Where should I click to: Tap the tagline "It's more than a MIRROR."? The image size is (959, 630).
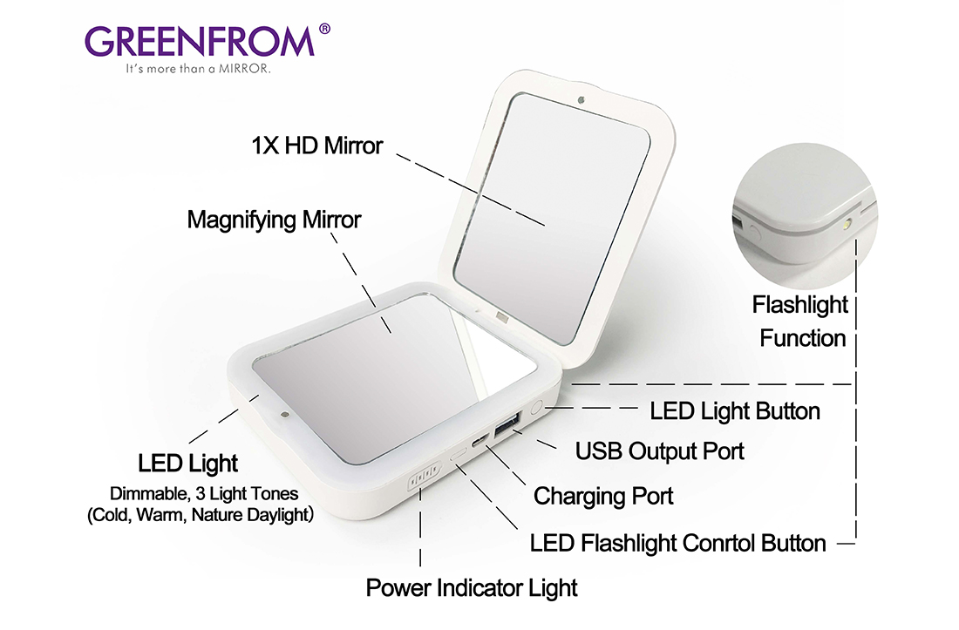198,69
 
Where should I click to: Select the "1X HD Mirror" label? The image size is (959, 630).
316,146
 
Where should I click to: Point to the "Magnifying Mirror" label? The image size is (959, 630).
274,220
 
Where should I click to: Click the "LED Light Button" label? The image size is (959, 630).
735,411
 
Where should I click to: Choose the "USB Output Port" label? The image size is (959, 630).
659,451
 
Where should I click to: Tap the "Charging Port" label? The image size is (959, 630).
603,496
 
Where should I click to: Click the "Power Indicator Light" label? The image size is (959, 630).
472,588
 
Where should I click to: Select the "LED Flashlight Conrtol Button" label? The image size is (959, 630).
677,543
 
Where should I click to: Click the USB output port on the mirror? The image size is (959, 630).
507,424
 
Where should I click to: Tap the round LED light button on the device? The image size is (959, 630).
536,408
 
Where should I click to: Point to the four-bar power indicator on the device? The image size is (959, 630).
425,477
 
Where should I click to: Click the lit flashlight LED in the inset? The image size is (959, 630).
846,227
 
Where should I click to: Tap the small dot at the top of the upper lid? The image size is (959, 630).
581,100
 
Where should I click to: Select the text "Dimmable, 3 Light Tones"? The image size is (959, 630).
204,494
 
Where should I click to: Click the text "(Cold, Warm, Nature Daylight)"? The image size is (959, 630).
201,514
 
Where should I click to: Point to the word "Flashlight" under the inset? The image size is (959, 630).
800,305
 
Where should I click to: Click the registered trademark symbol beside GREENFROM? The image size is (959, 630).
325,29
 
